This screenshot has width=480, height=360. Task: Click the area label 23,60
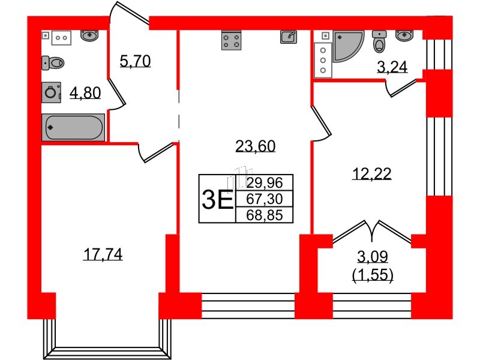[x=256, y=145]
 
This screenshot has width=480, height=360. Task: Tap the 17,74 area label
[x=103, y=255]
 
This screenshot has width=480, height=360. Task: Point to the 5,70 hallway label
[x=134, y=61]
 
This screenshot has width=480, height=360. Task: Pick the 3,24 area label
[x=392, y=67]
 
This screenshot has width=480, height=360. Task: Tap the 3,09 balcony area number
[x=373, y=257]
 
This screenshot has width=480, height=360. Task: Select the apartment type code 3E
[x=217, y=199]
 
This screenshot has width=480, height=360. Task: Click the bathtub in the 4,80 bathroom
[x=73, y=128]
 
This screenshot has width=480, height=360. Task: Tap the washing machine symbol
[x=52, y=92]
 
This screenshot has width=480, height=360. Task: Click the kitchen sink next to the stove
[x=289, y=37]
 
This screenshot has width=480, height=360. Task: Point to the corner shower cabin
[x=346, y=46]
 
